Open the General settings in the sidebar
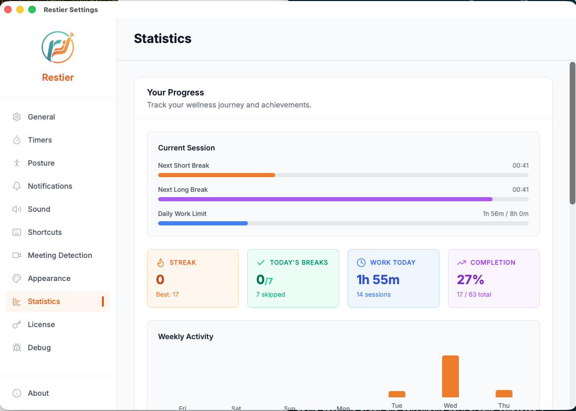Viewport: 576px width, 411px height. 41,117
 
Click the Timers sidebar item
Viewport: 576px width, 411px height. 40,140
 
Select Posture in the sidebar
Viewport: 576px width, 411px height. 41,163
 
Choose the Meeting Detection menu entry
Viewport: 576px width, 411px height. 59,255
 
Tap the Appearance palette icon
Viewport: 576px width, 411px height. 17,278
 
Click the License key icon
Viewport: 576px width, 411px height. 17,325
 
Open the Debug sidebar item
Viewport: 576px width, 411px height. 39,348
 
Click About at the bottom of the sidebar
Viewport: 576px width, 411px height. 38,393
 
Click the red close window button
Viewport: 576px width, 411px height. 8,9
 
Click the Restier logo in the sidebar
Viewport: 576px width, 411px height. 58,47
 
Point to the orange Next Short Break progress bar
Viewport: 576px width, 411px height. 216,175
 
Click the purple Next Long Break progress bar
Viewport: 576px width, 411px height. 325,199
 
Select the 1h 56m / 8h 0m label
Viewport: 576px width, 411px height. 505,214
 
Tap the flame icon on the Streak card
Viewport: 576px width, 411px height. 161,263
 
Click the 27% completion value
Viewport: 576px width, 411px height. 470,279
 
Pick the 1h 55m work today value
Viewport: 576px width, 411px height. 378,279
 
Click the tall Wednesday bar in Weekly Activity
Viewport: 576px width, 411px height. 451,376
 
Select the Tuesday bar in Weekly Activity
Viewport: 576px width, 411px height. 397,394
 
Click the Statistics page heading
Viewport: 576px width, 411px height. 163,38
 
